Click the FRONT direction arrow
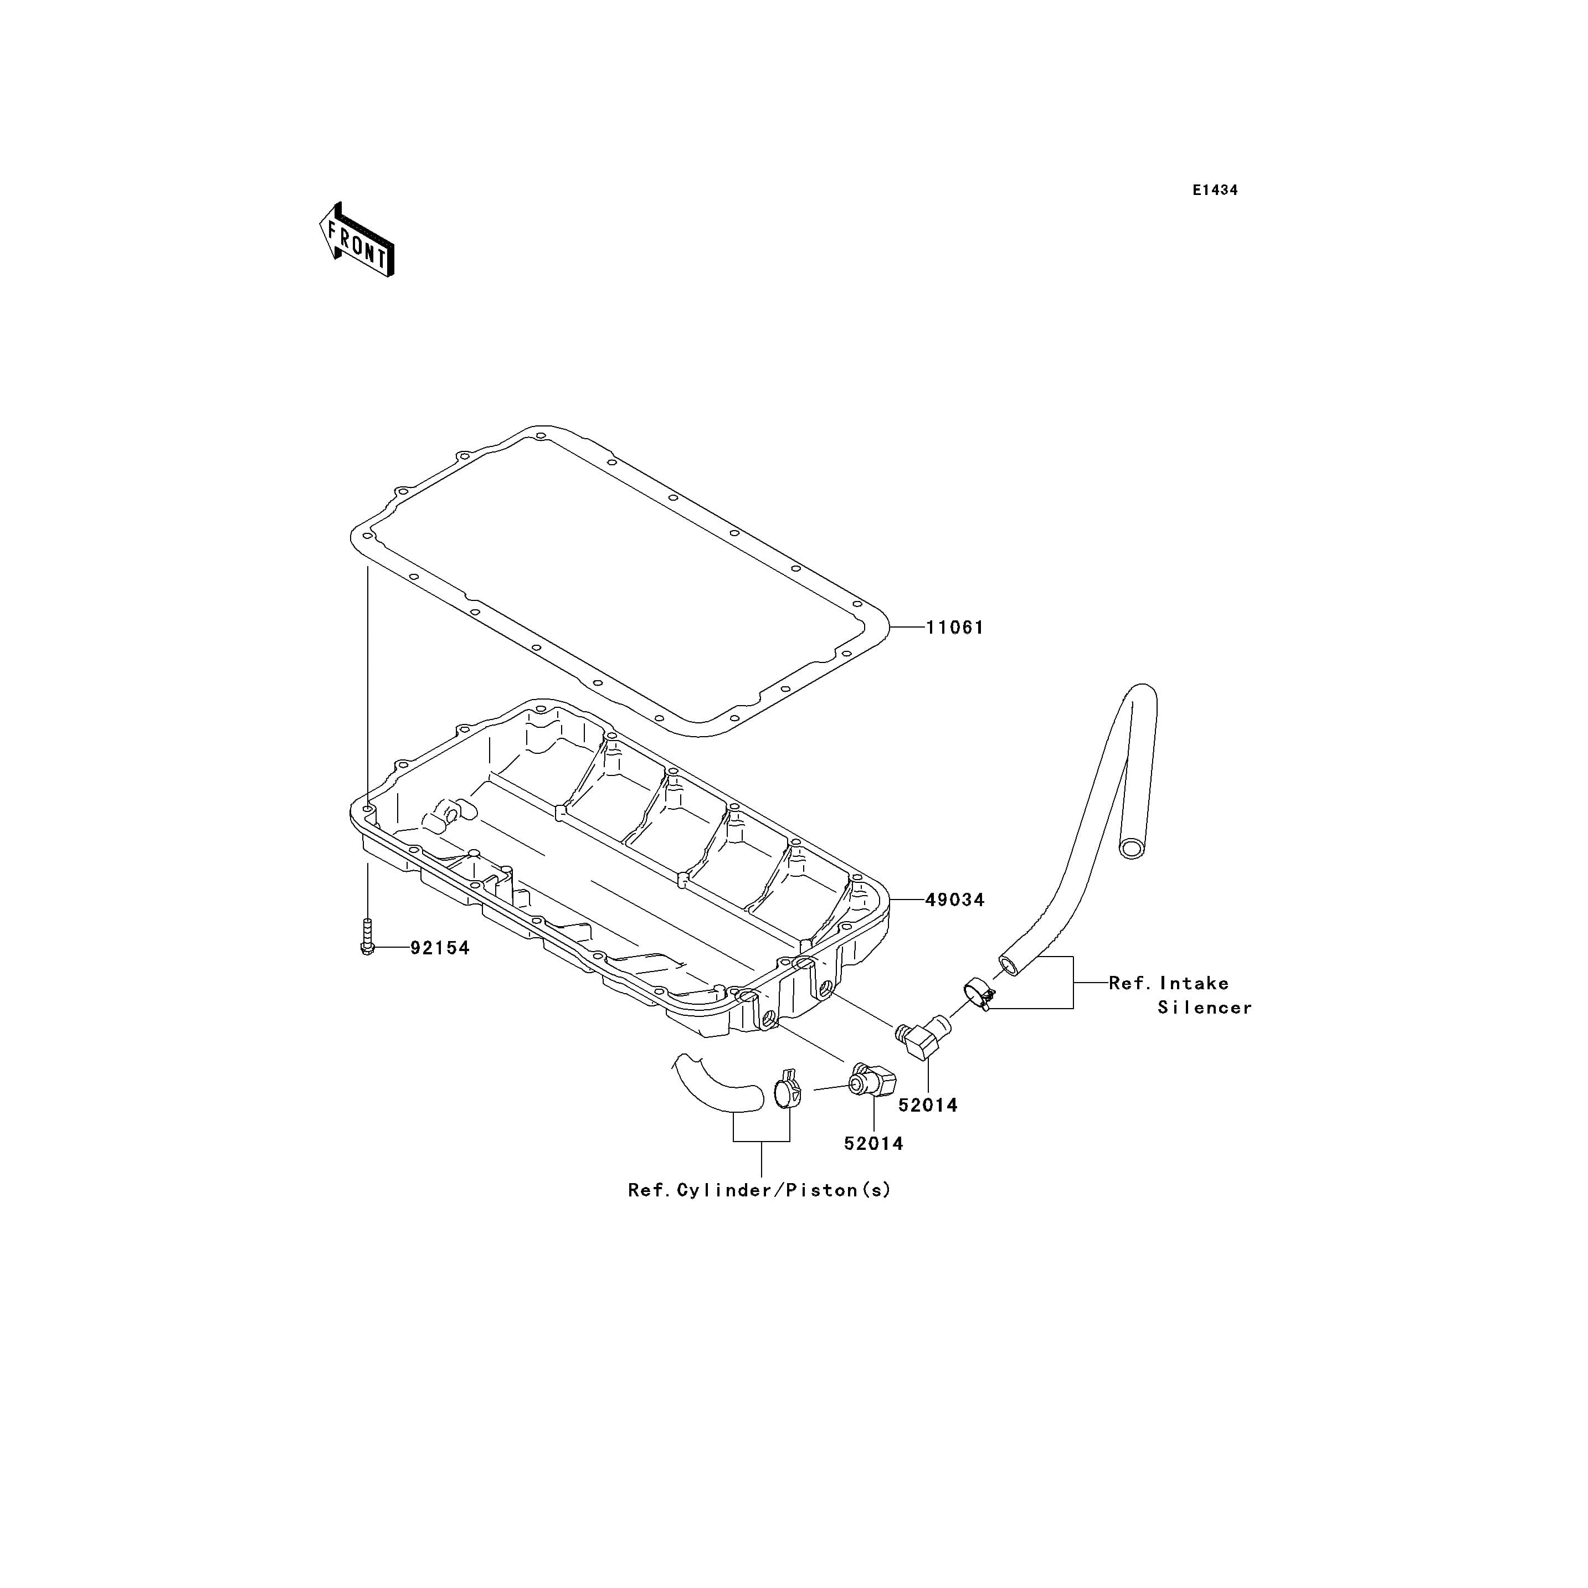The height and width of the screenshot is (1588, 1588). tap(357, 240)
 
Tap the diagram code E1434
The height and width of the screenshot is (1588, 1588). tap(1216, 190)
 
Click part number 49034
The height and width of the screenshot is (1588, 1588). tap(955, 900)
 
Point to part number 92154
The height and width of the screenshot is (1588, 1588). tap(440, 948)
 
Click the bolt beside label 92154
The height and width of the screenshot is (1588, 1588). tap(367, 937)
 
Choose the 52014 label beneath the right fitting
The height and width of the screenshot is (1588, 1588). tap(928, 1106)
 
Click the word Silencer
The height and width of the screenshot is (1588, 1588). tap(1205, 1008)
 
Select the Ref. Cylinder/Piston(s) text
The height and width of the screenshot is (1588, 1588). tap(759, 1190)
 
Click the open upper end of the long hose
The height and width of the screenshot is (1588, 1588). tap(1133, 848)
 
